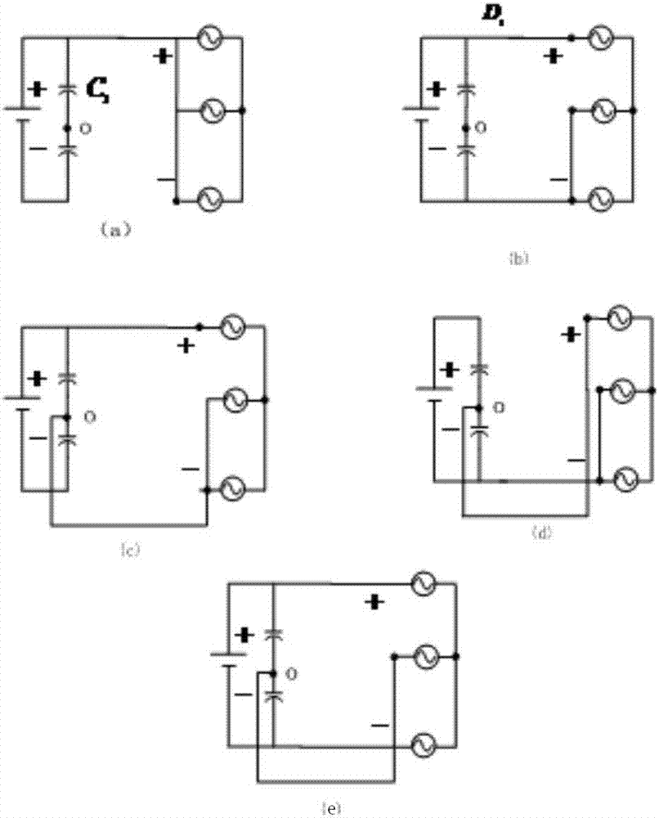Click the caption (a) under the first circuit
(x=114, y=230)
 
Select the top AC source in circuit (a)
(x=208, y=38)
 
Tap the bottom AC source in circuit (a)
(x=208, y=199)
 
